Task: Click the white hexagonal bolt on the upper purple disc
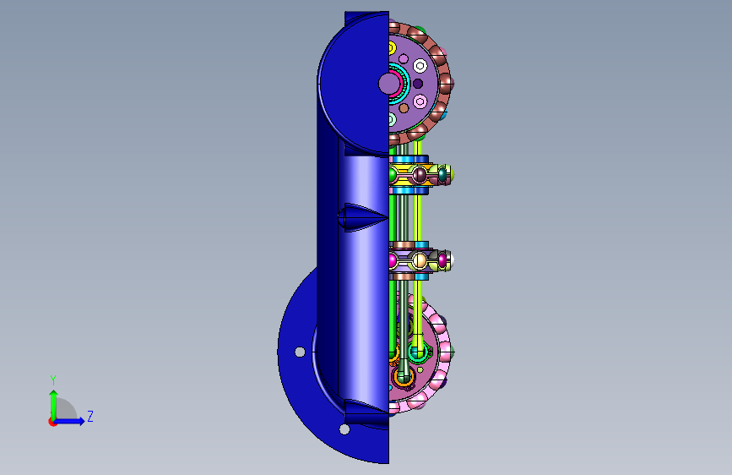(x=420, y=66)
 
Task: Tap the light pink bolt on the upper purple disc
(x=420, y=101)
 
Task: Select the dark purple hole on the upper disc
(x=418, y=84)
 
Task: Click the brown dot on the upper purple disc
(x=404, y=108)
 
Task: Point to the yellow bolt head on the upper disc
(x=392, y=47)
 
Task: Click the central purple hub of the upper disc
(x=388, y=85)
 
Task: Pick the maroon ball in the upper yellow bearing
(x=420, y=175)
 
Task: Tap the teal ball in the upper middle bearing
(x=442, y=175)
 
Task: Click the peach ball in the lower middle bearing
(x=420, y=260)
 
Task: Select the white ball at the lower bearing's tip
(x=451, y=260)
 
